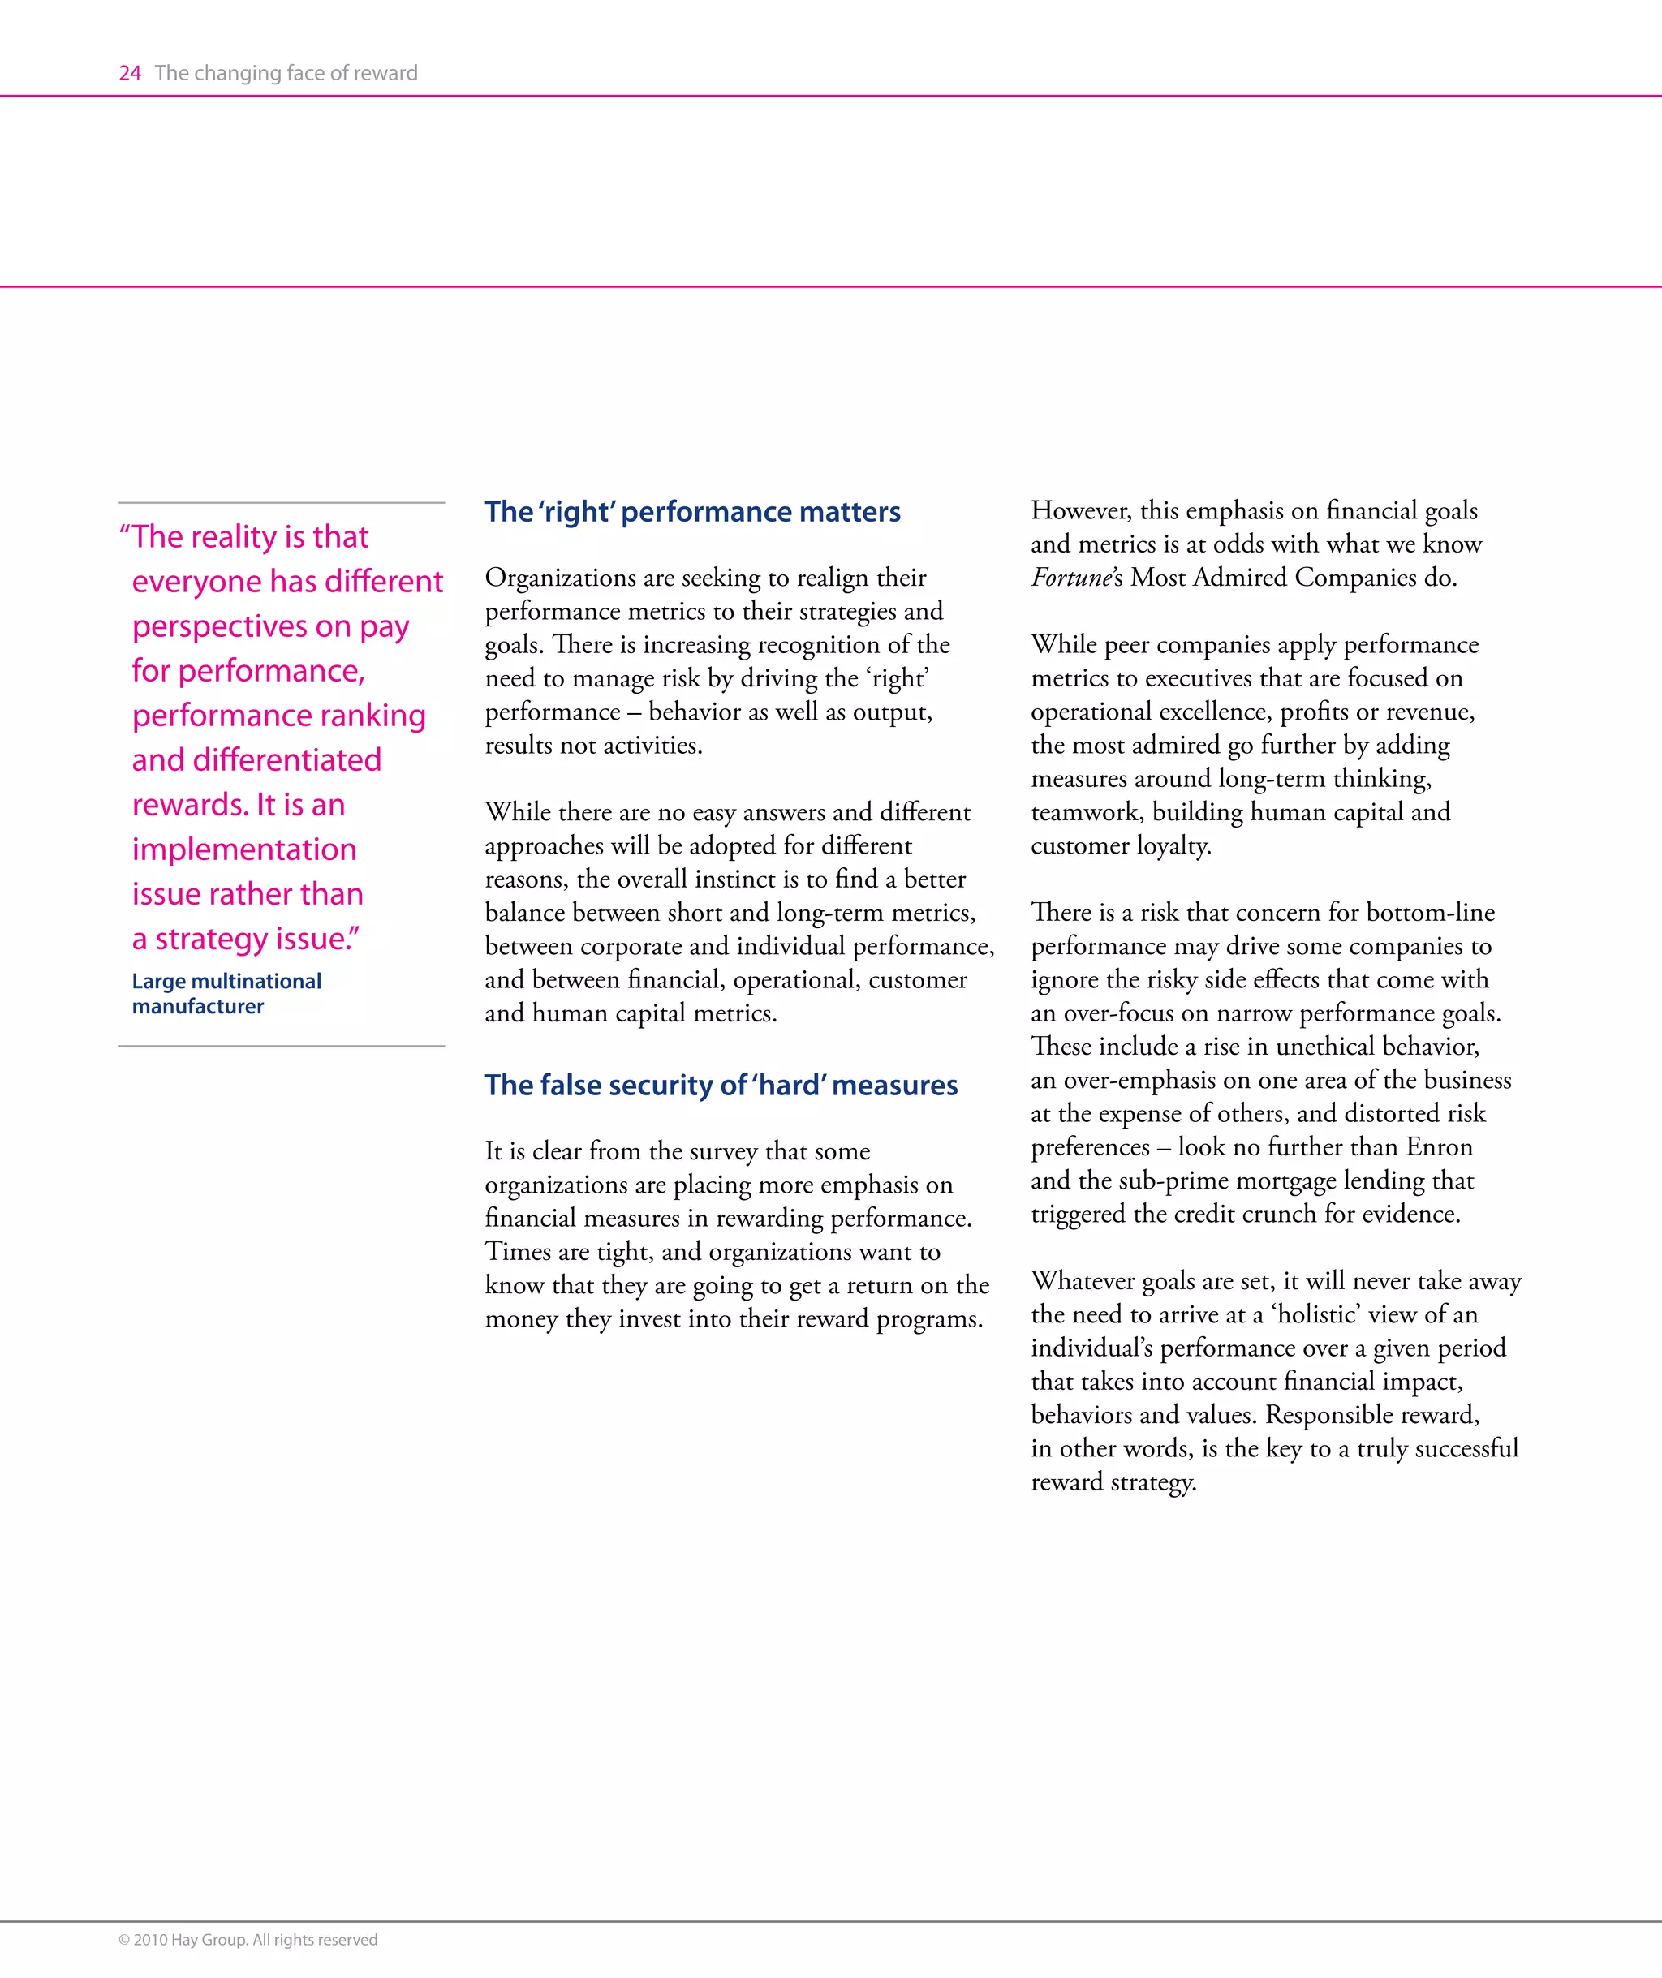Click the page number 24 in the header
tap(130, 74)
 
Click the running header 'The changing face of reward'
tap(286, 74)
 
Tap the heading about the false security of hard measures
tap(721, 1085)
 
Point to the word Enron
tap(1439, 1147)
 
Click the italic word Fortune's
tap(1076, 578)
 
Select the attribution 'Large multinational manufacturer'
tap(226, 994)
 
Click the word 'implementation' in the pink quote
tap(244, 849)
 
